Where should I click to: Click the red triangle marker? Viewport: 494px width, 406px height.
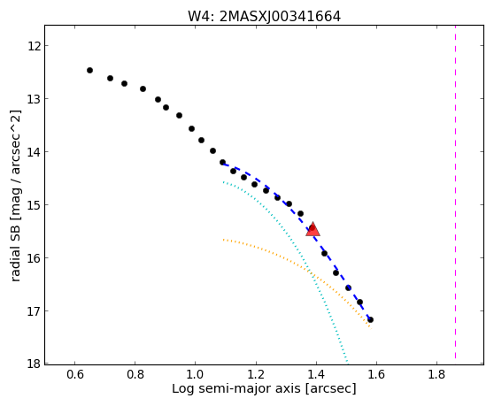point(313,229)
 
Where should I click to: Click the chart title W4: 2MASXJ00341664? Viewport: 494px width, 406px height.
point(264,17)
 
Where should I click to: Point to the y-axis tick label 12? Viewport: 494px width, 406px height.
point(34,46)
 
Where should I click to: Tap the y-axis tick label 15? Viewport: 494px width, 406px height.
point(34,205)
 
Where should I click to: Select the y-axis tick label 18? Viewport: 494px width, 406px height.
point(34,364)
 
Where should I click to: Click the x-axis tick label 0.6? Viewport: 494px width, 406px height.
point(74,374)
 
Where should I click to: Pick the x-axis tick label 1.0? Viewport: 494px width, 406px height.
point(196,374)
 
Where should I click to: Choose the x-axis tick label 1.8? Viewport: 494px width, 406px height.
point(436,374)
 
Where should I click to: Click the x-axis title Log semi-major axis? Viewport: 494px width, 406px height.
point(236,388)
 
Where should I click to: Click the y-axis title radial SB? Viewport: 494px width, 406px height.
point(15,247)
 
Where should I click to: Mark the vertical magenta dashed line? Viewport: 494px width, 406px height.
point(456,192)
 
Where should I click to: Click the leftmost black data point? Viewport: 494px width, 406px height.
point(89,70)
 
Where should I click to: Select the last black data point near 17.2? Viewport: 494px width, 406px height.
point(370,320)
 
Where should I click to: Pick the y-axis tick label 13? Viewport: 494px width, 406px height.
point(34,99)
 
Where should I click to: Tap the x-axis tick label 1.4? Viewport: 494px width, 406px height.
point(316,374)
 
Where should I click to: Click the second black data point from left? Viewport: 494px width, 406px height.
point(111,78)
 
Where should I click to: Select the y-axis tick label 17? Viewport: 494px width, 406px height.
point(34,311)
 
